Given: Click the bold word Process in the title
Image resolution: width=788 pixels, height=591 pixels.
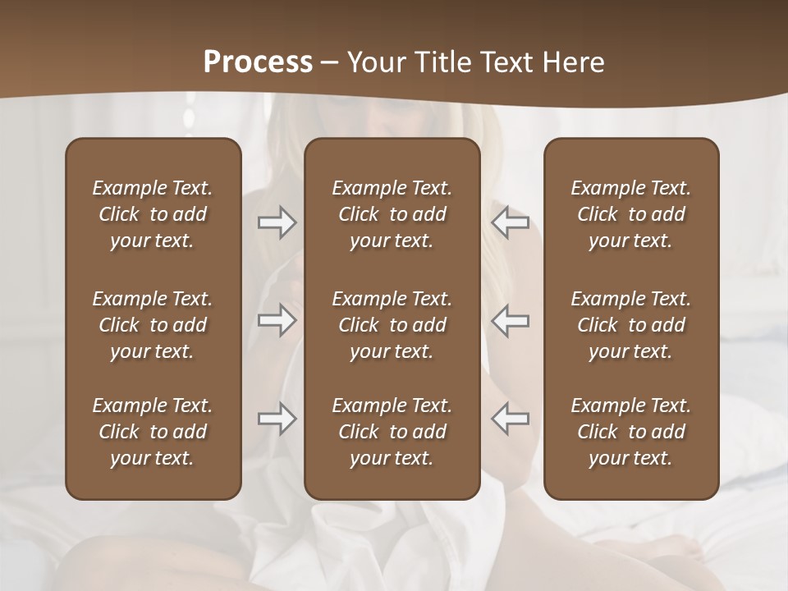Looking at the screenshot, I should point(258,62).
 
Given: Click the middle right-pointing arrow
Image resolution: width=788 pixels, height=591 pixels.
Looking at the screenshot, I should point(277,320).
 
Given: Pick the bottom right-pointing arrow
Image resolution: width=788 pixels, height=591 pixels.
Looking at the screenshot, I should point(277,418).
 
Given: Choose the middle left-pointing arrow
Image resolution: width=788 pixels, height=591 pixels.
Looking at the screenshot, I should point(510,320).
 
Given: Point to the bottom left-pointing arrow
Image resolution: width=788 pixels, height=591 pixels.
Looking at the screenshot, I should point(510,418).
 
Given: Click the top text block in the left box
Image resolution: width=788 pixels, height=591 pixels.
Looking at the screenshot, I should point(153,214).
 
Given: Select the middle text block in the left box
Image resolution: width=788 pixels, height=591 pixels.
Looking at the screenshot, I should point(153,325).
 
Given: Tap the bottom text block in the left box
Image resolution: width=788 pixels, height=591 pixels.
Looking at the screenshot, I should point(153,432).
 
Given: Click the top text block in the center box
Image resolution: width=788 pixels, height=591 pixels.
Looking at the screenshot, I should point(392,214).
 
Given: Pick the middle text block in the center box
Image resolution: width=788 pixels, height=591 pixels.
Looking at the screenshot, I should point(392,325).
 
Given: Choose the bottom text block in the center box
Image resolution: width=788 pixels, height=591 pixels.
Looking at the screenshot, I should point(392,432).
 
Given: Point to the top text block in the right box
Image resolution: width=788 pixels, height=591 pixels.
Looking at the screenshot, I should point(630,214).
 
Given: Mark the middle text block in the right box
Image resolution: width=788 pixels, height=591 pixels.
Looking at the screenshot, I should point(630,325).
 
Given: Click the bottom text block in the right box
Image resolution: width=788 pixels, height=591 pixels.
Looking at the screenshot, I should point(630,432).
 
